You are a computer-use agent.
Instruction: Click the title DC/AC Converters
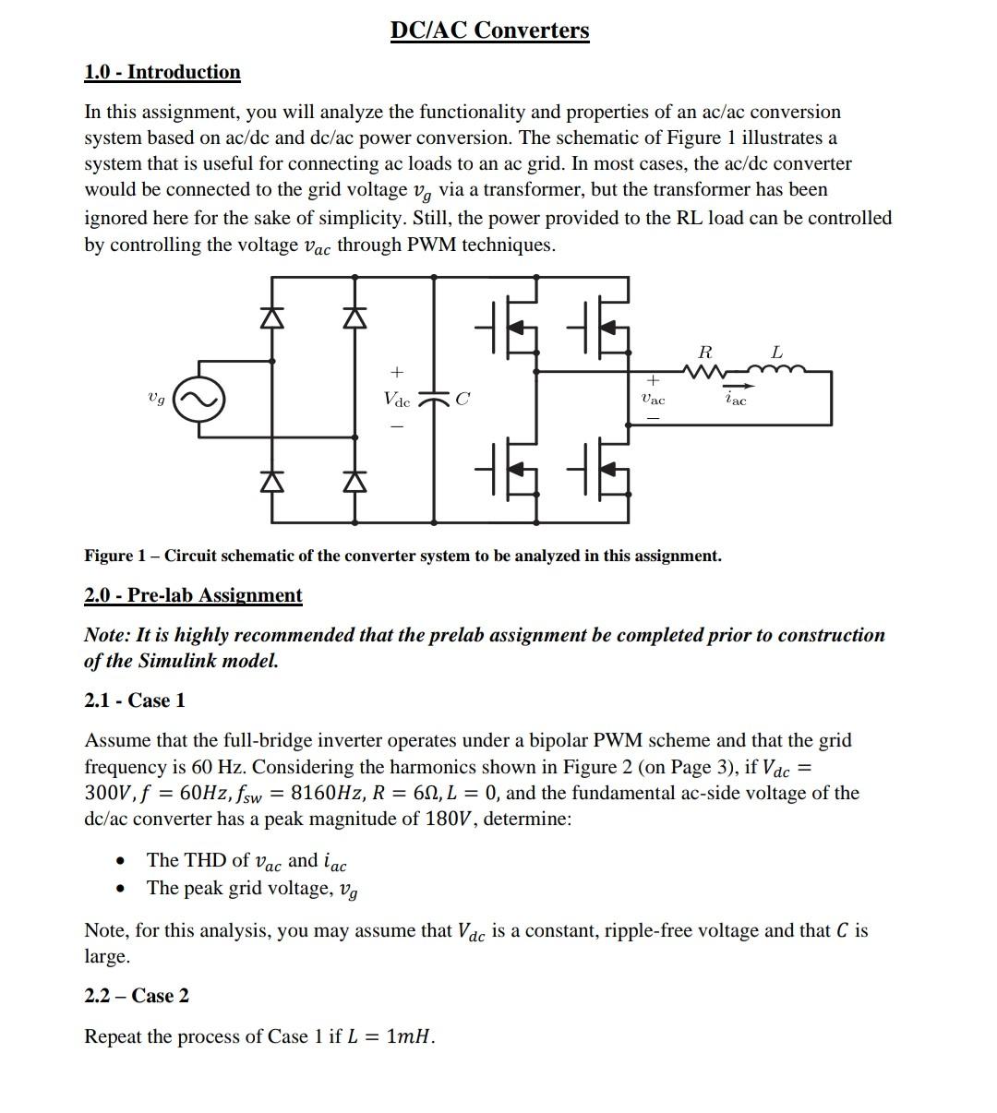coord(489,30)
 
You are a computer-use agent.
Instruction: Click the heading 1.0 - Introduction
coord(162,72)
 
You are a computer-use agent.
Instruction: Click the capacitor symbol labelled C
coord(434,400)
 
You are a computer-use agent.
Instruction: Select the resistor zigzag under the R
coord(704,371)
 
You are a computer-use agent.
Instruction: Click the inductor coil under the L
coord(777,370)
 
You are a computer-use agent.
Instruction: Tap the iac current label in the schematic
coord(735,399)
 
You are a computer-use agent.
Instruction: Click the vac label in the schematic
coord(653,400)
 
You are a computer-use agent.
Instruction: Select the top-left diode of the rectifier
coord(271,317)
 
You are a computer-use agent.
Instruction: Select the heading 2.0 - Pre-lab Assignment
coord(193,595)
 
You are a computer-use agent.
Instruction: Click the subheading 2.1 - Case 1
coord(135,700)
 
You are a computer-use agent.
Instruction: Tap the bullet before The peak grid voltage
coord(120,889)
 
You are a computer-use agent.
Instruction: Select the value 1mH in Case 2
coord(408,1036)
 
